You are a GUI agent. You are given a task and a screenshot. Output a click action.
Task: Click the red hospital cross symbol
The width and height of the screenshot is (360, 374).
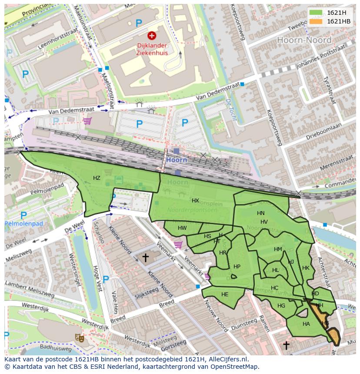pyautogui.click(x=152, y=36)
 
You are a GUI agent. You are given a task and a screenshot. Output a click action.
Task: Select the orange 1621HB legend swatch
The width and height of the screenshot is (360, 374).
pyautogui.click(x=316, y=21)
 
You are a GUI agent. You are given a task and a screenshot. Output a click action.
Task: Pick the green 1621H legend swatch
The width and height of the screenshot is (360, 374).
pyautogui.click(x=316, y=13)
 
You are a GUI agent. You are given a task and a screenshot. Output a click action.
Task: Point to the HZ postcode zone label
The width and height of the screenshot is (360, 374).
pyautogui.click(x=97, y=178)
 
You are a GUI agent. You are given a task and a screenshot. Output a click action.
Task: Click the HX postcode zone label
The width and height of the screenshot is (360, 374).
pyautogui.click(x=195, y=201)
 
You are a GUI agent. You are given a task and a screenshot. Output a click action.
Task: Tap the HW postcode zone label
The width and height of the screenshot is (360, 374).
pyautogui.click(x=182, y=228)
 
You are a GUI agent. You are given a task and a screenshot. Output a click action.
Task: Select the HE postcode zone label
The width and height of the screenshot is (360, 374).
pyautogui.click(x=225, y=295)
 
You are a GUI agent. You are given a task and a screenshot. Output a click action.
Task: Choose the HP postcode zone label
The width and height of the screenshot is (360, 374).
pyautogui.click(x=237, y=267)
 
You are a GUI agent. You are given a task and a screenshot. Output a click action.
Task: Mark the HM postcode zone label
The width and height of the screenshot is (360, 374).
pyautogui.click(x=278, y=249)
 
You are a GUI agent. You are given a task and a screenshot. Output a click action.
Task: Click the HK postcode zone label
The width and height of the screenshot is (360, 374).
pyautogui.click(x=306, y=268)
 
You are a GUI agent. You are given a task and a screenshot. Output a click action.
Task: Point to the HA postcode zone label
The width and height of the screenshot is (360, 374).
pyautogui.click(x=306, y=324)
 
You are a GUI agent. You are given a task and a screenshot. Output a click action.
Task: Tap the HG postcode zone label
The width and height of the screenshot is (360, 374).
pyautogui.click(x=281, y=306)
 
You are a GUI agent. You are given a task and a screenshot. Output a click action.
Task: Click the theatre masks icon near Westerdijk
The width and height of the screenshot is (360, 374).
pyautogui.click(x=79, y=337)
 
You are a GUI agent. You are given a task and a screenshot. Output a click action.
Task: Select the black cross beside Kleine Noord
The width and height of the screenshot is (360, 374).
pyautogui.click(x=146, y=258)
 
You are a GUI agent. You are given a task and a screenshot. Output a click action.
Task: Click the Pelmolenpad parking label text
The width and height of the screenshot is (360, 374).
pyautogui.click(x=24, y=224)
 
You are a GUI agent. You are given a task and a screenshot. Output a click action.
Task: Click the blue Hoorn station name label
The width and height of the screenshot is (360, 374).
pyautogui.click(x=176, y=160)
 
